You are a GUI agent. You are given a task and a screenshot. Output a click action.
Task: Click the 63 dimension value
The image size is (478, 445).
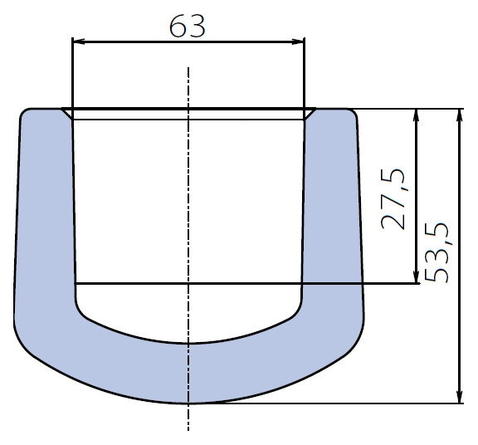(x=188, y=27)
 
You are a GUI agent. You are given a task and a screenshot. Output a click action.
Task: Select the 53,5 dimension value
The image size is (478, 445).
(x=438, y=252)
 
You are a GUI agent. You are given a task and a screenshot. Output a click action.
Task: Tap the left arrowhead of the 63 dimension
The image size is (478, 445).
(x=80, y=42)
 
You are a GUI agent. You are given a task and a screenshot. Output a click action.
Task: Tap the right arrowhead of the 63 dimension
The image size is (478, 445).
(x=297, y=42)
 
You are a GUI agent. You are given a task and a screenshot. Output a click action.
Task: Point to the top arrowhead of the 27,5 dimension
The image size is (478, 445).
(x=417, y=116)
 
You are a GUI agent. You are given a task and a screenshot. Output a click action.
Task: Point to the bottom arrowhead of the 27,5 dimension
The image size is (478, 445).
(x=417, y=276)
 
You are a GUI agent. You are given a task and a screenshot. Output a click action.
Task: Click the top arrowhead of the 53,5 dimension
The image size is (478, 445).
(x=460, y=116)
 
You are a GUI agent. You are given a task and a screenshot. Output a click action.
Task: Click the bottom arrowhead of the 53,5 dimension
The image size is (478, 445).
(x=460, y=396)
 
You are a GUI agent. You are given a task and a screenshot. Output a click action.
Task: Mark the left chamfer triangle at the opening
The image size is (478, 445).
(x=68, y=111)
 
